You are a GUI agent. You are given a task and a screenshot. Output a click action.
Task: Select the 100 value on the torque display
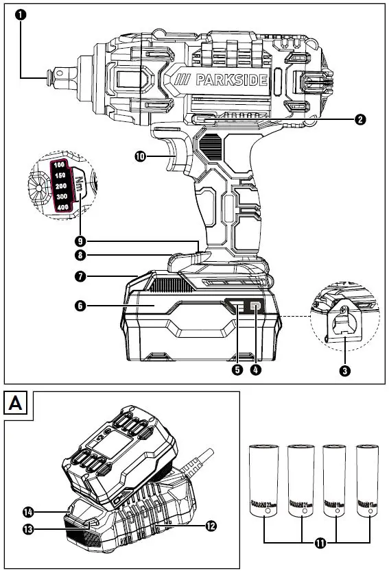tap(60, 166)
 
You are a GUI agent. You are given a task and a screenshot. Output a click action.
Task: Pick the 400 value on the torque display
tap(63, 207)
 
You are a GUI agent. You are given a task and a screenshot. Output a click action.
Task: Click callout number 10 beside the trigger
tap(141, 156)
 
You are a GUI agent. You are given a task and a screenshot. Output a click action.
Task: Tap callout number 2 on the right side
tap(359, 119)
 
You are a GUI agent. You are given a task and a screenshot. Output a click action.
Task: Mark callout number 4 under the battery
tap(256, 369)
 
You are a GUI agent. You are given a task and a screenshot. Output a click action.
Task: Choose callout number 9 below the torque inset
tap(81, 241)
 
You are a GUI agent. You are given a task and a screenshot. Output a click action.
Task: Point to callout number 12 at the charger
tap(210, 526)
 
